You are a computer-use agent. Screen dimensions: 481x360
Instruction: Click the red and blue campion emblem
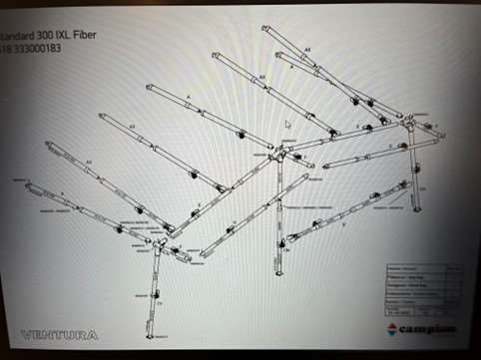point(391,328)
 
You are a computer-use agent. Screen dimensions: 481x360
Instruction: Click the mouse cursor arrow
point(287,125)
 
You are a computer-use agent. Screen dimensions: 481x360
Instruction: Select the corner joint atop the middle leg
point(279,155)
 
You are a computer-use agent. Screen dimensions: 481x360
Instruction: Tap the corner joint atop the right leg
point(410,122)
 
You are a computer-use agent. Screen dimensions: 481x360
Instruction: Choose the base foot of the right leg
point(416,209)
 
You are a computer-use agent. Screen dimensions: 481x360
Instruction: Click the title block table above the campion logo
point(424,288)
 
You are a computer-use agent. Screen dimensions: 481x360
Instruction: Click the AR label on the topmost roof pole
point(308,48)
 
